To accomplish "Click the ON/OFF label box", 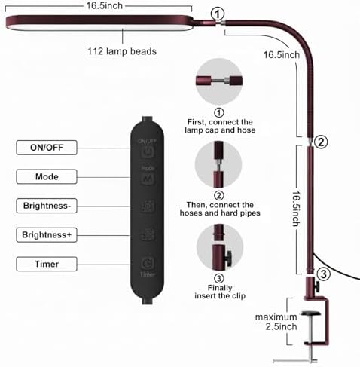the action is point(47,148).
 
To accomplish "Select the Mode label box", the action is point(47,176).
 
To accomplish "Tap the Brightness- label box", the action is point(47,206).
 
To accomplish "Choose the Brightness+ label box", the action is point(47,235).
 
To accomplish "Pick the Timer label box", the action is point(47,264).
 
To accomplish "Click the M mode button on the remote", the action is point(148,179).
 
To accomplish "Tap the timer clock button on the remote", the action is point(147,263).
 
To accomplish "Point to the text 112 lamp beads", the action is point(122,51).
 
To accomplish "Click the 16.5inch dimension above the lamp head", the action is point(104,5).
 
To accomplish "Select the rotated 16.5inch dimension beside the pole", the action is point(296,209).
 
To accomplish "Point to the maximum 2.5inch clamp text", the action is point(276,322).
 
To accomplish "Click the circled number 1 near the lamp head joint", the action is point(217,14).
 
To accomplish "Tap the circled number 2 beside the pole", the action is point(321,142).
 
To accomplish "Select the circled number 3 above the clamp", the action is point(324,274).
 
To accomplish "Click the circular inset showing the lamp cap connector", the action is point(219,81).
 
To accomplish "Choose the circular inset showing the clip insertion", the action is point(220,247).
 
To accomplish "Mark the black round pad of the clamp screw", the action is point(311,313).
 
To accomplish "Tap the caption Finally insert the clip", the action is point(220,292).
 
